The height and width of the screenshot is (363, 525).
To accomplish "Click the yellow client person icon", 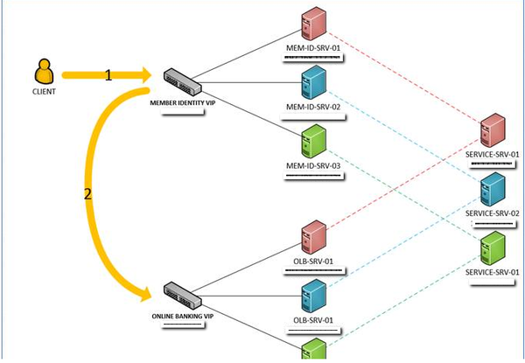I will [43, 71].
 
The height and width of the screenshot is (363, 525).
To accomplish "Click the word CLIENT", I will [43, 90].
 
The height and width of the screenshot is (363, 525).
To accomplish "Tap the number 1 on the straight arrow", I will [108, 76].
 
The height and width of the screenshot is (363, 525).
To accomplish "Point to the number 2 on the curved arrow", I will [87, 195].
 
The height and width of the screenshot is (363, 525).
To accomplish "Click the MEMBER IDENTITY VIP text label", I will [182, 103].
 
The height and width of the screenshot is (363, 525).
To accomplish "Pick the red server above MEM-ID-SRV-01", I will [312, 23].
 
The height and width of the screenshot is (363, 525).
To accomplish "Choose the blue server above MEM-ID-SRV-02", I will [312, 81].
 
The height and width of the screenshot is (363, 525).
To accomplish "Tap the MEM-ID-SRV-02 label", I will [312, 107].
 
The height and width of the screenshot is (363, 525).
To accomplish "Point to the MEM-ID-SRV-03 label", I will [312, 164].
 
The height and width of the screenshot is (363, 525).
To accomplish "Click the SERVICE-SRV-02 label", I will [493, 213].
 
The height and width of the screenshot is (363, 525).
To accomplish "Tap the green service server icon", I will [493, 248].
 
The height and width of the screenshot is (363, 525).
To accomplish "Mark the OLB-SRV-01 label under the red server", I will [312, 262].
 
